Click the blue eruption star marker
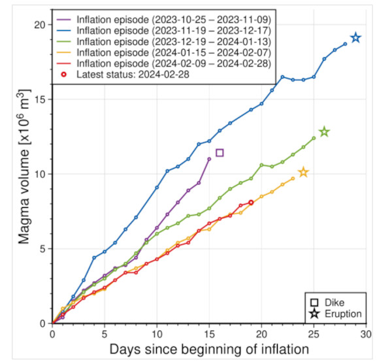[x=355, y=38]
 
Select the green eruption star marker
[x=324, y=132]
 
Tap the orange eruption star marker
[x=303, y=173]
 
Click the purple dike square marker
[x=220, y=153]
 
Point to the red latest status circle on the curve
[x=251, y=203]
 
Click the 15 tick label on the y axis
[x=40, y=99]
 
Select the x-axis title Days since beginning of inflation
[x=209, y=348]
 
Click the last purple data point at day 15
[x=209, y=159]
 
